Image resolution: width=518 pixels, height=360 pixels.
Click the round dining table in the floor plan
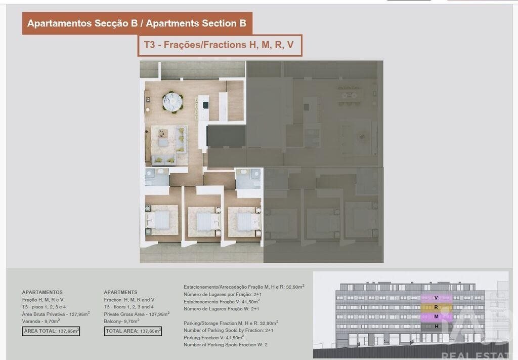(172, 102)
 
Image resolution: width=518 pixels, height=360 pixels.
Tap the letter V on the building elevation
(436, 298)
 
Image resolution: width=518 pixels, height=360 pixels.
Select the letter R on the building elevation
(436, 307)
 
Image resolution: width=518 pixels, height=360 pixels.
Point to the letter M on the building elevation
(436, 316)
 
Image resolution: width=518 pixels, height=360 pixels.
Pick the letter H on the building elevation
(437, 326)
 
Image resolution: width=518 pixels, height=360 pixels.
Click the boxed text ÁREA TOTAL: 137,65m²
(51, 331)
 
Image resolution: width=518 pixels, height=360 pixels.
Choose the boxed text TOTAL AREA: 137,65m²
(133, 331)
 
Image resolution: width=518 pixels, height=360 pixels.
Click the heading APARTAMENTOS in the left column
(42, 292)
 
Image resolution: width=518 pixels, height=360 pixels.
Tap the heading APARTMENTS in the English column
(120, 292)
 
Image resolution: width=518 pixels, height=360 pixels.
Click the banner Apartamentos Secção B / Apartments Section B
(137, 23)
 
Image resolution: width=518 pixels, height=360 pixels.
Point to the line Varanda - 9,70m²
(41, 321)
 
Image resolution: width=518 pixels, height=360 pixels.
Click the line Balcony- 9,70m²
(121, 321)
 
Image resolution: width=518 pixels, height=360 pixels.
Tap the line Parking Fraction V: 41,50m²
(214, 337)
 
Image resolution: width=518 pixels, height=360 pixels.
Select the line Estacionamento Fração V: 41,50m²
(222, 301)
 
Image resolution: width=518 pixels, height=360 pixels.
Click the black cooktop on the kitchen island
(205, 105)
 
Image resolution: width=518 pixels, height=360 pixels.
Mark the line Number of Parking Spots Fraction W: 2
(226, 344)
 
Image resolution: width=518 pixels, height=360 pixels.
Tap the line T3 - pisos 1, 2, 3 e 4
(44, 307)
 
